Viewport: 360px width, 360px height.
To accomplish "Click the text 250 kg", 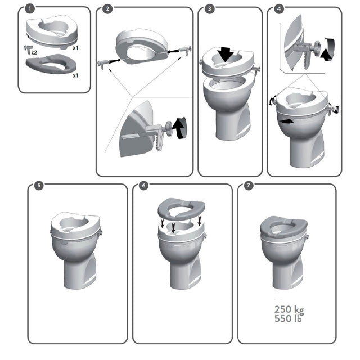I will click(289, 309).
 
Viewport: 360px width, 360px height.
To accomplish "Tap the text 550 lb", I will click(289, 318).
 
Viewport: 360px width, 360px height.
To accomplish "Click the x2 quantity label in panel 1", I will click(35, 52).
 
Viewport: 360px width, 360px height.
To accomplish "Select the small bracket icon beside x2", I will click(28, 49).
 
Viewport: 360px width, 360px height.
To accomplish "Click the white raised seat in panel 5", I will click(75, 223).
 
